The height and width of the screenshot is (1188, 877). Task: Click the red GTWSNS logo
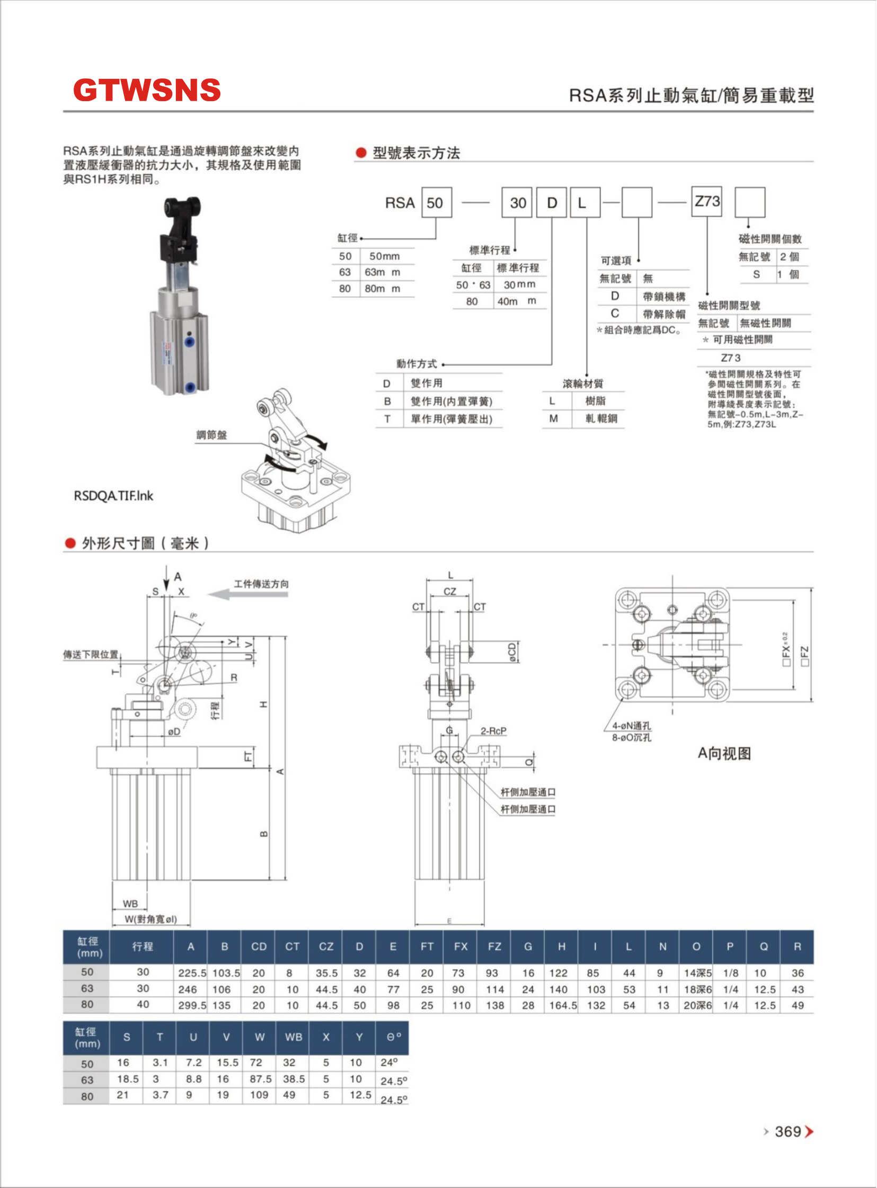tap(147, 90)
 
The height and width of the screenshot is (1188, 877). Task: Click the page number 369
tap(788, 1132)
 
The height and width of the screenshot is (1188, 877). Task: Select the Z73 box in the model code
tap(707, 202)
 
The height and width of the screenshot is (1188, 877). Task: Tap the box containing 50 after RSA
tap(436, 202)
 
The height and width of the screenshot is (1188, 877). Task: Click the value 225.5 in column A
tap(192, 973)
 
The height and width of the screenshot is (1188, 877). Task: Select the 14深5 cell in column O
tap(697, 973)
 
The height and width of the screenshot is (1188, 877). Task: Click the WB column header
tap(293, 1037)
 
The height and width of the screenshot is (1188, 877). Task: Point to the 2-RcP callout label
tap(493, 731)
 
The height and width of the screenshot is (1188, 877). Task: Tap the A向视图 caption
tap(724, 754)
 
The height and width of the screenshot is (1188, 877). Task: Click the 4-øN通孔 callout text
tap(631, 726)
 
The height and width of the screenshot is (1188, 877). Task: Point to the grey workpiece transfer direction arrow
tap(248, 594)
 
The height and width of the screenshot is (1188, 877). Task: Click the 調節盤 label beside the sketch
tap(211, 435)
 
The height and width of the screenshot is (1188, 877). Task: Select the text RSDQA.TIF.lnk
tap(113, 496)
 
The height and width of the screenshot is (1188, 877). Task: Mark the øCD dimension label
tap(512, 652)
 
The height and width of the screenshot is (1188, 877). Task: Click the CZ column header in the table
tap(326, 946)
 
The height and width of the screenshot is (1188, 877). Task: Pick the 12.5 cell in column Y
tap(360, 1095)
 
